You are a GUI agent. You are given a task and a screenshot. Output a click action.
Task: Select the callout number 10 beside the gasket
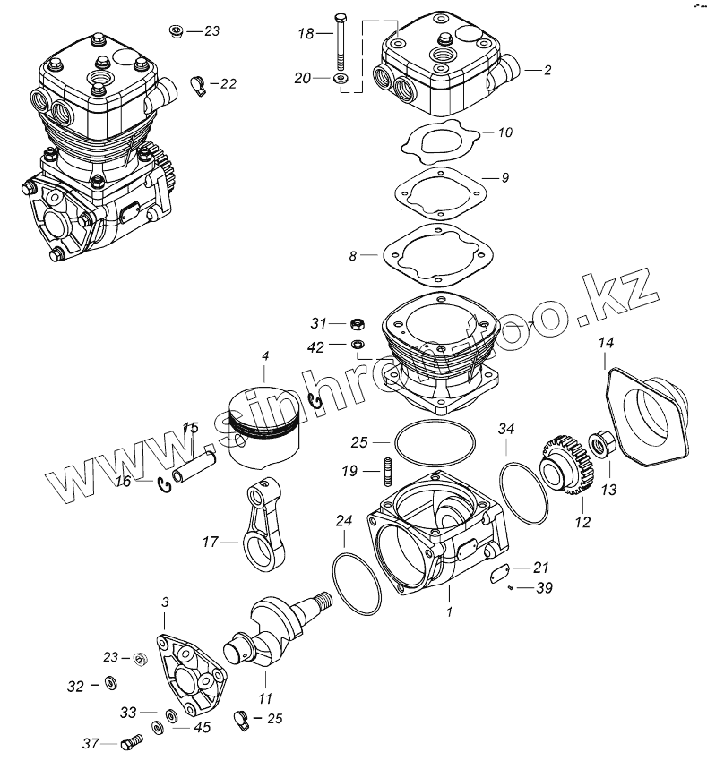tap(505, 132)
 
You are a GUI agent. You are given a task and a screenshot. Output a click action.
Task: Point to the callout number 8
tap(353, 256)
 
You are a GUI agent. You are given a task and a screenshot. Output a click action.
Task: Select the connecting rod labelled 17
tap(268, 528)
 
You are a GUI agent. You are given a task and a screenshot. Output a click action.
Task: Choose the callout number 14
tap(607, 342)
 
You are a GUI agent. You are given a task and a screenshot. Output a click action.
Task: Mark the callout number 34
tap(507, 431)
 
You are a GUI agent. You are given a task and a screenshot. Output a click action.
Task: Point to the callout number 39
tap(543, 588)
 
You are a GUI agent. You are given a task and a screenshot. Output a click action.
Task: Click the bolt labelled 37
tap(128, 742)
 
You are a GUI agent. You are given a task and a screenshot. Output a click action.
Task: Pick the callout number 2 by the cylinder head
tap(547, 70)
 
